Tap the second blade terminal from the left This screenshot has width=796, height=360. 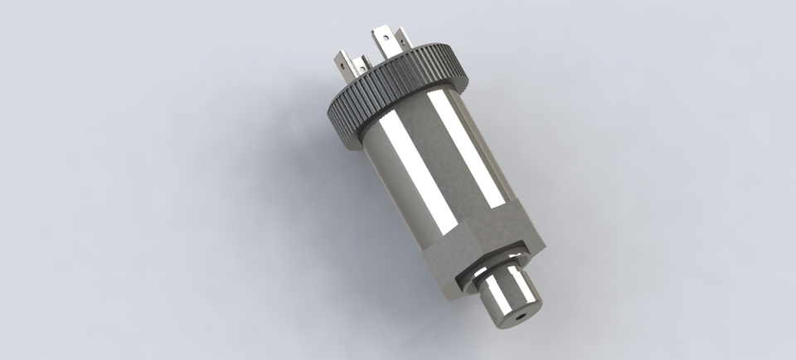tap(361, 67)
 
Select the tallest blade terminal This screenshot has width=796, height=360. tap(386, 43)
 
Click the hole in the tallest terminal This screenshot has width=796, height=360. tap(386, 36)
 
